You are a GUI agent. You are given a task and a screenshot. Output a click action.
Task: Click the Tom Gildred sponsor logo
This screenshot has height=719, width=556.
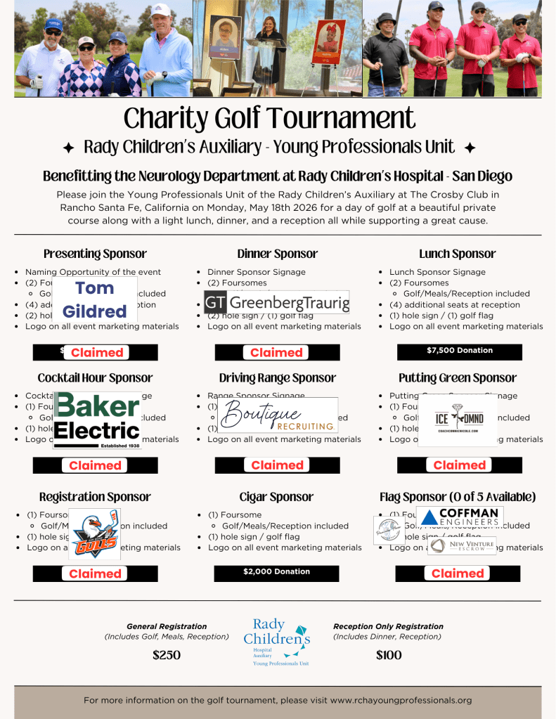[95, 299]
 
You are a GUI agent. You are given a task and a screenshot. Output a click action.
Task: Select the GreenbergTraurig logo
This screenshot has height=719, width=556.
[276, 302]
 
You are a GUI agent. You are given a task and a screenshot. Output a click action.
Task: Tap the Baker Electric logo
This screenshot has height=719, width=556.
[97, 419]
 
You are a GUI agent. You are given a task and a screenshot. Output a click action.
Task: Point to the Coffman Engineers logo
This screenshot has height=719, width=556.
[460, 517]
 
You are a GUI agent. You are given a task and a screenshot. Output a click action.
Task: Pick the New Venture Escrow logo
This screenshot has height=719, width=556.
[462, 545]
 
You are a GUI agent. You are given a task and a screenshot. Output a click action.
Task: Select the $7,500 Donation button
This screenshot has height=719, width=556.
[460, 351]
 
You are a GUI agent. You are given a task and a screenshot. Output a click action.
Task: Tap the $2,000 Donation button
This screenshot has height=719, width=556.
[276, 572]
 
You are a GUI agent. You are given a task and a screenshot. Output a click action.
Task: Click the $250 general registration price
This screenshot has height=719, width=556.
[167, 655]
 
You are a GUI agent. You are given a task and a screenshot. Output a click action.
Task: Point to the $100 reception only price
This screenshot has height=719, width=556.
[389, 655]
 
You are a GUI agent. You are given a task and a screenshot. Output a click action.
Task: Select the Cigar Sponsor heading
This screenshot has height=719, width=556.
[277, 497]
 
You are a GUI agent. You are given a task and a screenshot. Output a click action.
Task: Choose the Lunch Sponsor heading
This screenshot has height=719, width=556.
[458, 254]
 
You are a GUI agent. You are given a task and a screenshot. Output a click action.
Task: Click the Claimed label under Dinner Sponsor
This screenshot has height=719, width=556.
[276, 352]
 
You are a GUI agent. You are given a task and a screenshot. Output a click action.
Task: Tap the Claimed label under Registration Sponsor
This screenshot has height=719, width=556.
[95, 574]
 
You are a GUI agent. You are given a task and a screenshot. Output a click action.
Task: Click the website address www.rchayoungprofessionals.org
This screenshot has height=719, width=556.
[401, 700]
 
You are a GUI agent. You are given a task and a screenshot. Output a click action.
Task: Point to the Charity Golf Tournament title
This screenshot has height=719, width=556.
[270, 117]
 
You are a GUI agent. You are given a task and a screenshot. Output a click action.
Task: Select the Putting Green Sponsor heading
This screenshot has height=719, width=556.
[458, 378]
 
